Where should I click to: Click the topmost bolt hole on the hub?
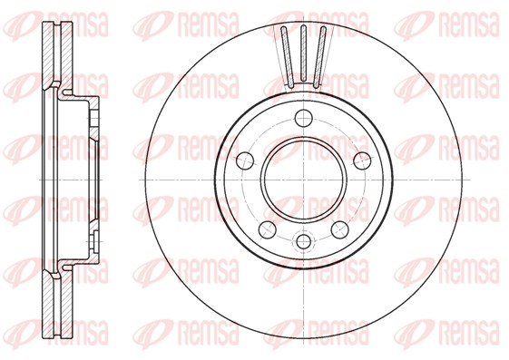pyautogui.click(x=302, y=116)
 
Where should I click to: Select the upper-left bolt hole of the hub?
pyautogui.click(x=243, y=160)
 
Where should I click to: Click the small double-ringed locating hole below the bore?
pyautogui.click(x=302, y=242)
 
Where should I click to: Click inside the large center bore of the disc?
pyautogui.click(x=302, y=179)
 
